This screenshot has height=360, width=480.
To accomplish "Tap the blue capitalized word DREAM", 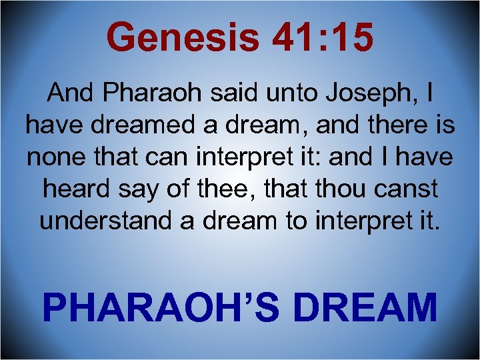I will [365, 307].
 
